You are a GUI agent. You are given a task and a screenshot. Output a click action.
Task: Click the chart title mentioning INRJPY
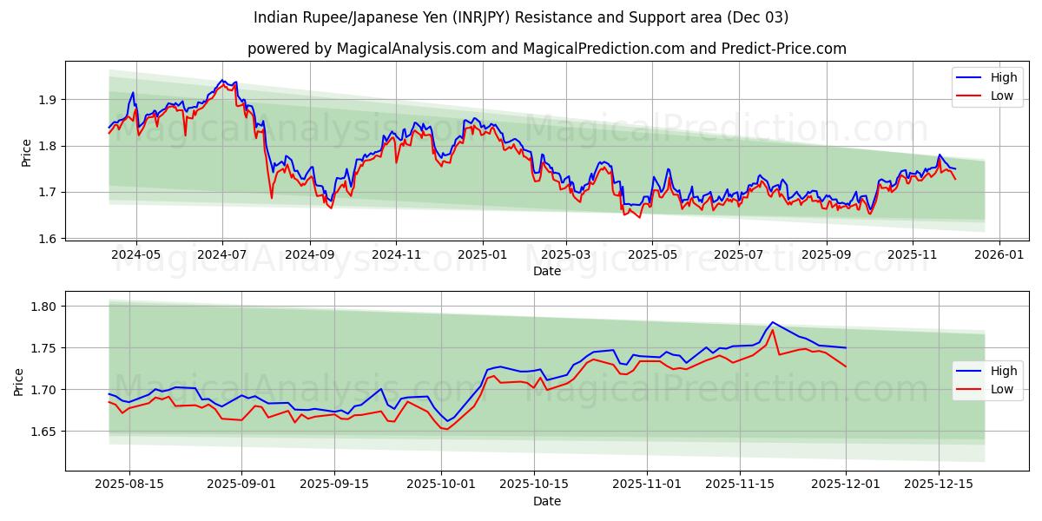coord(521,17)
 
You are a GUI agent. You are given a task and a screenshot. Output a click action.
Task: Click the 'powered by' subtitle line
coord(547,49)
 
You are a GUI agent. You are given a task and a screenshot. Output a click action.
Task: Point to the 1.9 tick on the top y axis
coord(47,100)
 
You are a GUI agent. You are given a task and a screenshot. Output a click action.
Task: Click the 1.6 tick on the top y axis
coord(47,239)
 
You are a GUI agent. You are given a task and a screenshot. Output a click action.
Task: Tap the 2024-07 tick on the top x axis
coord(222,254)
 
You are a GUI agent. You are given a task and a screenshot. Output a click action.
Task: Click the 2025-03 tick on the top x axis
coord(566,254)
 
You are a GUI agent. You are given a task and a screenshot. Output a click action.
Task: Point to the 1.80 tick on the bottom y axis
coord(43,307)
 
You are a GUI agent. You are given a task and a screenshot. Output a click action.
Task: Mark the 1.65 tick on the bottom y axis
coord(43,432)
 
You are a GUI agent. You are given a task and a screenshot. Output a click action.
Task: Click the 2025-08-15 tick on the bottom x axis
coord(129,485)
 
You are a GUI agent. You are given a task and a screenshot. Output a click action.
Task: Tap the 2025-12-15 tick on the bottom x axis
coord(939,485)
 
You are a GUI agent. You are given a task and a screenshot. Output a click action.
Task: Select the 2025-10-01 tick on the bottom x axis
coord(442,485)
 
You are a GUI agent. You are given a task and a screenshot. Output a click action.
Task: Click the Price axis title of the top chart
coord(26,153)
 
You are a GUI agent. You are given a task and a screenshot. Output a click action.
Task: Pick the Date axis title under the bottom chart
coord(547,502)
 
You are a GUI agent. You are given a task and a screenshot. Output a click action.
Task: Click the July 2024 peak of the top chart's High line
coord(222,80)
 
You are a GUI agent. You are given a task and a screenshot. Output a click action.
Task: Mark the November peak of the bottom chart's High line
coord(772,322)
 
